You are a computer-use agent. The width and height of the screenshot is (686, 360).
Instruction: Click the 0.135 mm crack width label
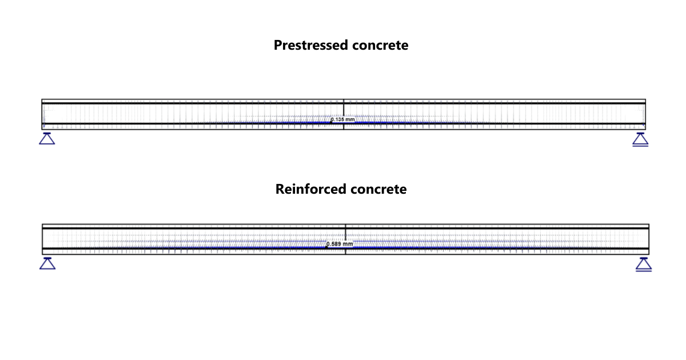(343, 120)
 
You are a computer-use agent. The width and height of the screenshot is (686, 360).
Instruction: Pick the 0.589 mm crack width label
(340, 244)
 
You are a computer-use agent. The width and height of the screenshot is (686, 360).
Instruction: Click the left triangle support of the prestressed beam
(47, 138)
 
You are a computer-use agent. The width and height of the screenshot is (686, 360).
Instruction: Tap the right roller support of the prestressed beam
(640, 139)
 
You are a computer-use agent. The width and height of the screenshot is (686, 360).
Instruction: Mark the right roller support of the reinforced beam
(644, 264)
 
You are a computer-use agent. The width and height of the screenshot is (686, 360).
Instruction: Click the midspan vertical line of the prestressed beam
(344, 111)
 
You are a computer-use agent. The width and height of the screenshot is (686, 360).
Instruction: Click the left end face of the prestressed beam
(42, 114)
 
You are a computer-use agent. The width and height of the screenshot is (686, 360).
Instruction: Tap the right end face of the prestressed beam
(645, 114)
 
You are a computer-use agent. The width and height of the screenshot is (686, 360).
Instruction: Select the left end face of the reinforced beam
(43, 239)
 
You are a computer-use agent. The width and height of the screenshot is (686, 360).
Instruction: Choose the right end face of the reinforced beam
(649, 239)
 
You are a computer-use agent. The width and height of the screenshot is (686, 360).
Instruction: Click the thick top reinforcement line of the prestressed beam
(229, 103)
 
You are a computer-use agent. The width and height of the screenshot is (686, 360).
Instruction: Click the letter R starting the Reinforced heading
(280, 189)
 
